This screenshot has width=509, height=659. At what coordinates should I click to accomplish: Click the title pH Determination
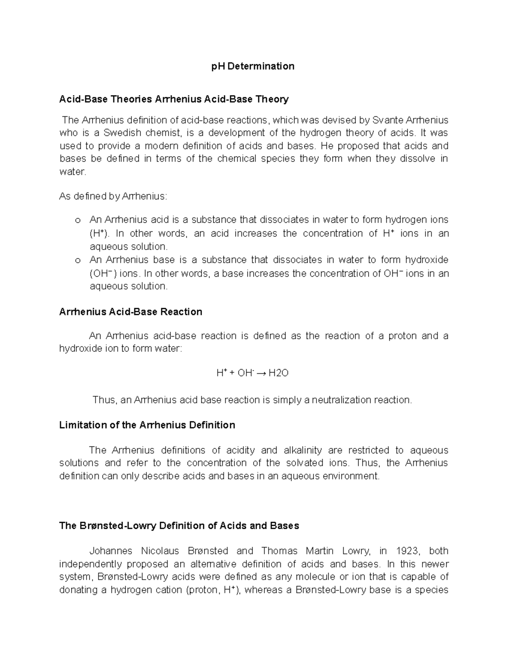point(253,66)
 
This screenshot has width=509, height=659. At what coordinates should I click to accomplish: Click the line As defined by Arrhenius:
point(113,196)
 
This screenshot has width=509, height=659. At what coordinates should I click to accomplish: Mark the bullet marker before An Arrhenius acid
point(77,221)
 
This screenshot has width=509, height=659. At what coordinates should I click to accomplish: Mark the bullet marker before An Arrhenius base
point(77,261)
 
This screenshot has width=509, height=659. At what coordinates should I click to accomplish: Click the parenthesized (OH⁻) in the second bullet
point(103,274)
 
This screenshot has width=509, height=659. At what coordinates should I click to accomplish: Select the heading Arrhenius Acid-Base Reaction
point(131,312)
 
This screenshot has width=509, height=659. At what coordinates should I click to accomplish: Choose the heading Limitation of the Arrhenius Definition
point(147,425)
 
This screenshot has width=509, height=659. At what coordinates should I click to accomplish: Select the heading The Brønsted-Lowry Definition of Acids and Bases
point(179,526)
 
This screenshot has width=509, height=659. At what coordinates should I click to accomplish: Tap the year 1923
point(407,551)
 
